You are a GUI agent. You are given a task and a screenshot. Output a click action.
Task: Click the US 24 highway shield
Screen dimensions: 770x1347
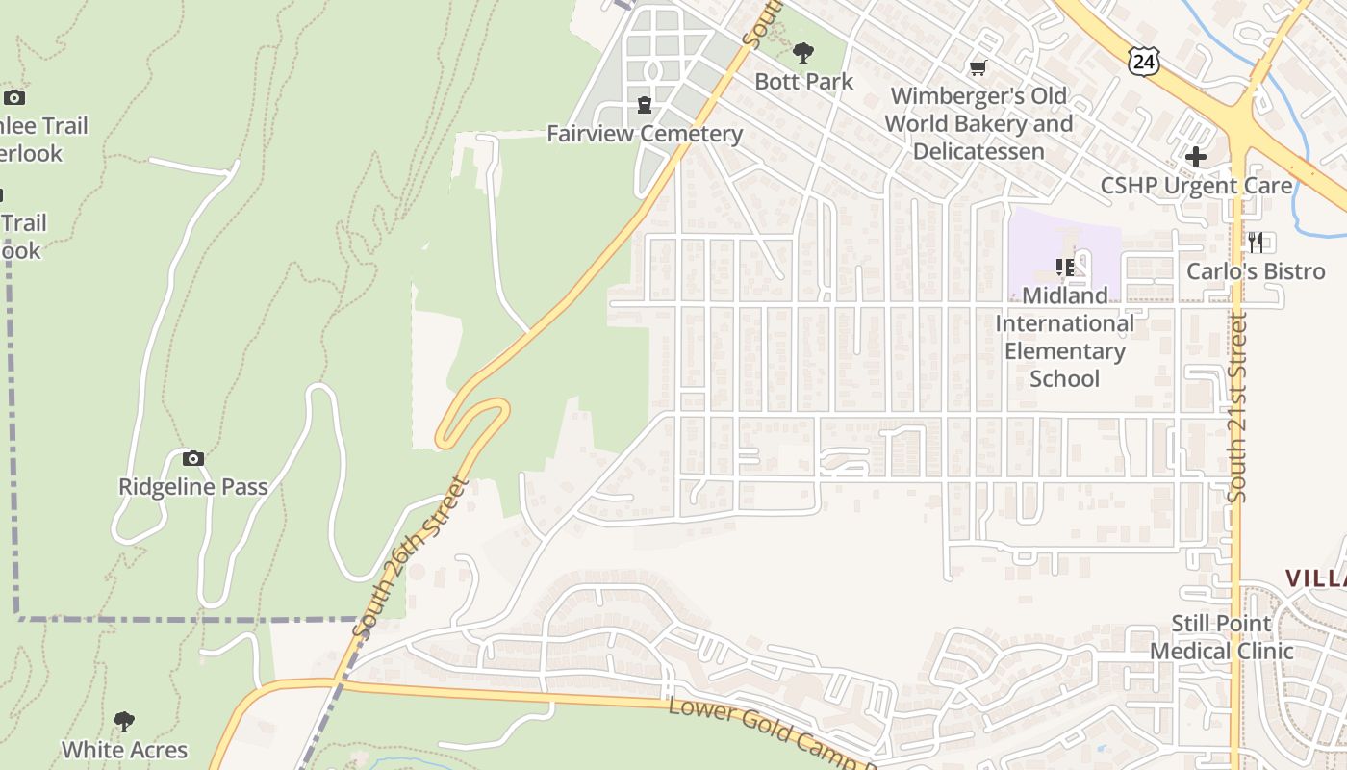pyautogui.click(x=1143, y=63)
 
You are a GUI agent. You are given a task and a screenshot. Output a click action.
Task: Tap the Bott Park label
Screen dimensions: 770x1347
pyautogui.click(x=803, y=82)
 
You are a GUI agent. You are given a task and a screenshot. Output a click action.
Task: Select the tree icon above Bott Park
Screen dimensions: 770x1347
pyautogui.click(x=803, y=54)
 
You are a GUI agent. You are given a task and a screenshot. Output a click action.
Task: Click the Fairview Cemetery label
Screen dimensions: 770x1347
pyautogui.click(x=645, y=134)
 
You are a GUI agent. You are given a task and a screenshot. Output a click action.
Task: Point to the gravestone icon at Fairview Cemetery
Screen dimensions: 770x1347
pyautogui.click(x=645, y=104)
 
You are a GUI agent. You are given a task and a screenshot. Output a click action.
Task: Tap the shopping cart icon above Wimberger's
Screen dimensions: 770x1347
pyautogui.click(x=978, y=67)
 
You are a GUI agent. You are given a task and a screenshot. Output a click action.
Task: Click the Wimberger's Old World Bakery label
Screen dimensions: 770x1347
pyautogui.click(x=978, y=124)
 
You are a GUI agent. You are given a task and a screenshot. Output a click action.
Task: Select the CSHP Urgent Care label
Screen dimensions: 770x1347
pyautogui.click(x=1196, y=186)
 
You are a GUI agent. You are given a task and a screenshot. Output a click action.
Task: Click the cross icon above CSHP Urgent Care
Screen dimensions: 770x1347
pyautogui.click(x=1196, y=156)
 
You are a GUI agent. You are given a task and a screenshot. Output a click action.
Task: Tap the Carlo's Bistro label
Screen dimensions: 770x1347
pyautogui.click(x=1256, y=271)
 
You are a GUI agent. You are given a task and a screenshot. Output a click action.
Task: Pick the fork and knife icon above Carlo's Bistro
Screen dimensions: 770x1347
pyautogui.click(x=1256, y=242)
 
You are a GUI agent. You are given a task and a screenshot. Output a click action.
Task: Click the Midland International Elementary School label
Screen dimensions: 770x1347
pyautogui.click(x=1064, y=337)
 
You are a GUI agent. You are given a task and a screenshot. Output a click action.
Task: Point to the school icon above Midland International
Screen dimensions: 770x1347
pyautogui.click(x=1064, y=267)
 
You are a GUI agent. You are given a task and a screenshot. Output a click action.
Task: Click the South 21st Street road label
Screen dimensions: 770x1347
pyautogui.click(x=1237, y=406)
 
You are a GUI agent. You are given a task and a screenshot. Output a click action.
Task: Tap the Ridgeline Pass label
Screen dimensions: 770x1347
pyautogui.click(x=193, y=487)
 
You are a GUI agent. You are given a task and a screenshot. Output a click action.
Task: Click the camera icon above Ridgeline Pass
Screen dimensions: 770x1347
pyautogui.click(x=193, y=458)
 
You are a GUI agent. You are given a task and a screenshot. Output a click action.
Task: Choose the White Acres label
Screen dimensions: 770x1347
pyautogui.click(x=124, y=750)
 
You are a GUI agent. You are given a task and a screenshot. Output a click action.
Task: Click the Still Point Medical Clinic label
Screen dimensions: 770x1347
pyautogui.click(x=1222, y=637)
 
